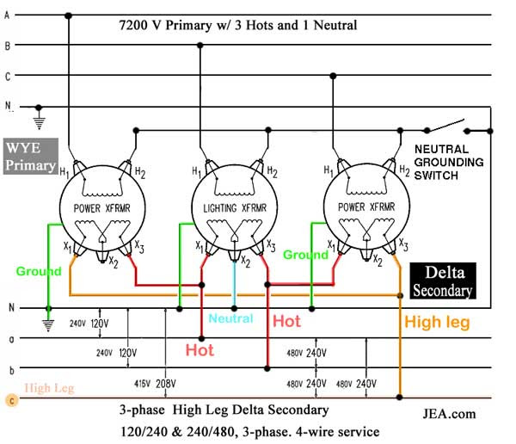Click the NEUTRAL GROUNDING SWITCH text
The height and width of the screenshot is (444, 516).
pyautogui.click(x=453, y=161)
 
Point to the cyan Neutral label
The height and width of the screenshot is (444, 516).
pyautogui.click(x=230, y=318)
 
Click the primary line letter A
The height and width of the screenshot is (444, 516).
pyautogui.click(x=8, y=15)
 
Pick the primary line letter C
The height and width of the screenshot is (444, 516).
pyautogui.click(x=8, y=76)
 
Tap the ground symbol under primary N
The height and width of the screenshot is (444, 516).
pyautogui.click(x=37, y=121)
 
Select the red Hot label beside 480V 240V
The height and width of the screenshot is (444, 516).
pyautogui.click(x=286, y=321)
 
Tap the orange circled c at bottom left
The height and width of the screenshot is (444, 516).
pyautogui.click(x=9, y=399)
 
